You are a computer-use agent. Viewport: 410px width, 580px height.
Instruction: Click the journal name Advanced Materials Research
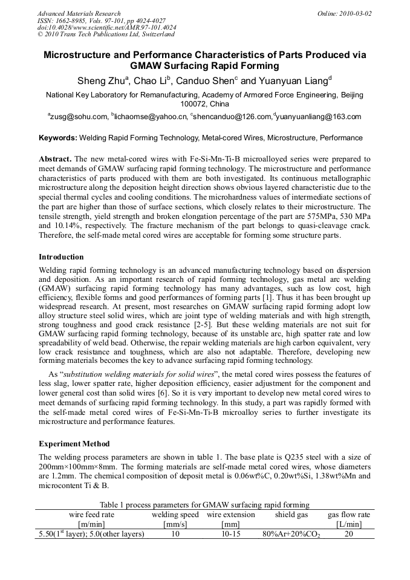79,13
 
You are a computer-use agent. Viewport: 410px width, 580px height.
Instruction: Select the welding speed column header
175,515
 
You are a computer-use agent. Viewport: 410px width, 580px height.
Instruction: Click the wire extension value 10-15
230,534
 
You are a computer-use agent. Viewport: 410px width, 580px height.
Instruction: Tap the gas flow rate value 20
349,534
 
